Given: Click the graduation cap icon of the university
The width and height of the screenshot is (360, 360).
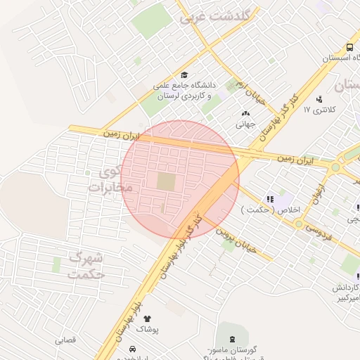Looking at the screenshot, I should [x=184, y=75].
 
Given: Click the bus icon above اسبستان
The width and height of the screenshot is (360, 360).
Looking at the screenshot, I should [x=340, y=49].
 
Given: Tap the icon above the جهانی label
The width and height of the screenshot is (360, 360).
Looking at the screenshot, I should [x=245, y=114].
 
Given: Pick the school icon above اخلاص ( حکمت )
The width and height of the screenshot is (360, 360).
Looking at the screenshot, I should [x=270, y=200].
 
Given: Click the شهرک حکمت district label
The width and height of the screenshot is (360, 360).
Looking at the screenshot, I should [x=86, y=266].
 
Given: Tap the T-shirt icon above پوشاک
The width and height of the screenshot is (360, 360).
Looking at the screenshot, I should [x=147, y=319].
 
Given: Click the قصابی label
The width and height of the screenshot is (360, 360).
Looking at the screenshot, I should [x=68, y=340].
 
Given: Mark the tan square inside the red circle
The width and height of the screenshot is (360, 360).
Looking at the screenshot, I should [x=166, y=182].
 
